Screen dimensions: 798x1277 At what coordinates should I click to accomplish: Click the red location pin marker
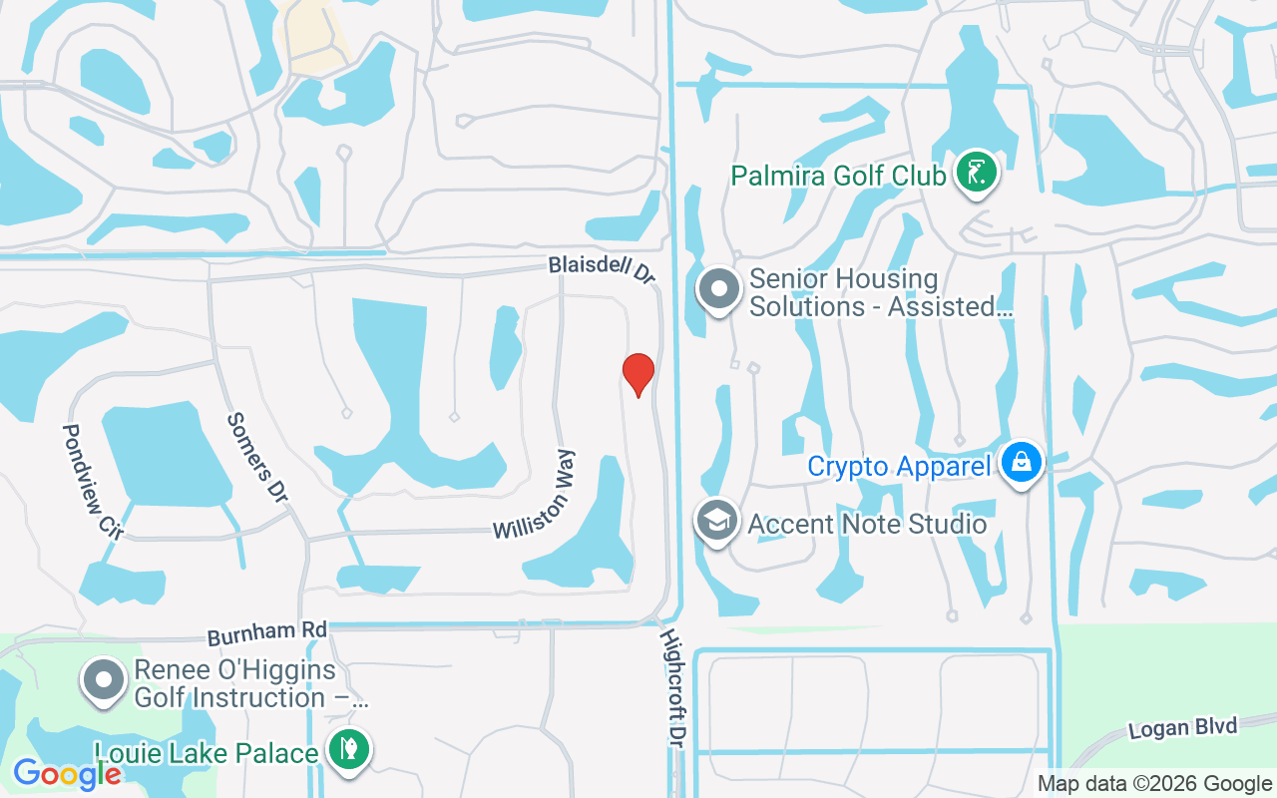click(638, 374)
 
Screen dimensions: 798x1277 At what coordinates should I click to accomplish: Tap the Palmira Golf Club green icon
click(976, 173)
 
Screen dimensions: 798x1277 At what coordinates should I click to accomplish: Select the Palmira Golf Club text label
click(838, 177)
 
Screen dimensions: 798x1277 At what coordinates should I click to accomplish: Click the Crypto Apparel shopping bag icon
click(1022, 463)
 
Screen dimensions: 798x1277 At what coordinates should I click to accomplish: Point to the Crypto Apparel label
click(899, 466)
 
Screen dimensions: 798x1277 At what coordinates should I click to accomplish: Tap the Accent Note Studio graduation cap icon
click(716, 520)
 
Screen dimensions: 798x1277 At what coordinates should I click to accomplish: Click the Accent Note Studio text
click(867, 524)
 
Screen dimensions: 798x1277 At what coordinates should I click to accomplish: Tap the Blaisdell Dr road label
click(602, 269)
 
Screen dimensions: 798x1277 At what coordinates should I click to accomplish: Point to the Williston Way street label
click(535, 495)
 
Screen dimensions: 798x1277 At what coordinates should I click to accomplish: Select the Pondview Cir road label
click(91, 482)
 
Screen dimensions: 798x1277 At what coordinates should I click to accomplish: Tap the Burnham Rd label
click(266, 632)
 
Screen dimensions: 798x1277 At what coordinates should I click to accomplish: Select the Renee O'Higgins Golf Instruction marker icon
click(104, 680)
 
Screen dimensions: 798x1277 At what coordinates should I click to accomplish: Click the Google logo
click(67, 773)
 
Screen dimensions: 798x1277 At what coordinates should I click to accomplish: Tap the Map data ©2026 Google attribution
click(1154, 784)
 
